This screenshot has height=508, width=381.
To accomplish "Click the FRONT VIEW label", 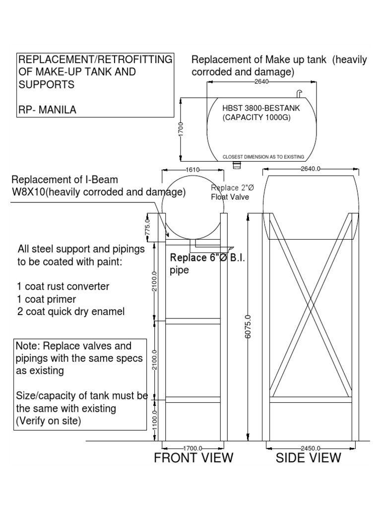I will click(x=193, y=457).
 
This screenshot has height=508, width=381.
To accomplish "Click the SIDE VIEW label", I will click(x=309, y=457).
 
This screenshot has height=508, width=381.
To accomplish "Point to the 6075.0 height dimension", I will click(x=248, y=326).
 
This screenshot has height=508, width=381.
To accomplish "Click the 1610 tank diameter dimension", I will click(x=192, y=170).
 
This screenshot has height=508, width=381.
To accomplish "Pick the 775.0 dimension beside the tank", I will click(x=147, y=226).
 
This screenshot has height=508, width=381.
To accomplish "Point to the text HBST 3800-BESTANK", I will click(x=261, y=107).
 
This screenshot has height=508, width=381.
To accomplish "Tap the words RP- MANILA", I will click(x=47, y=110).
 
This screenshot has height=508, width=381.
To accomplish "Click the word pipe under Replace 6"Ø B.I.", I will click(x=180, y=271).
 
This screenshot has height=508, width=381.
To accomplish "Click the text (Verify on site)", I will click(x=48, y=421).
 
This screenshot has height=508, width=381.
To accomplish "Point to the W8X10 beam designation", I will click(x=31, y=191).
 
